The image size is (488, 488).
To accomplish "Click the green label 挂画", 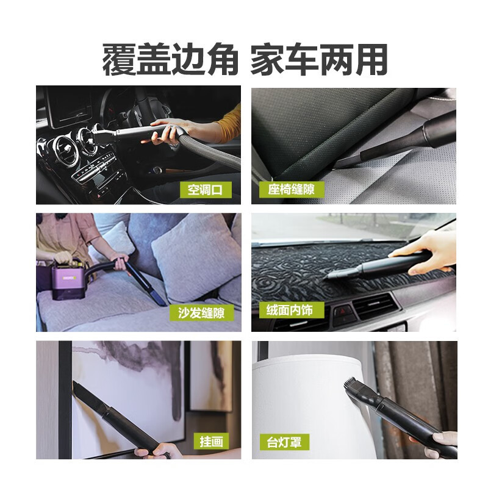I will coord(211,440).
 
